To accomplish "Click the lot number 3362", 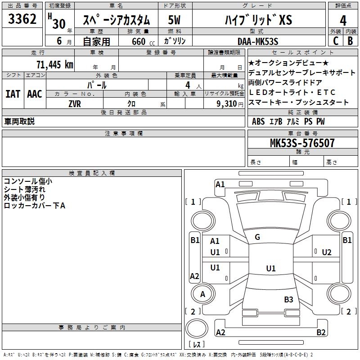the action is point(22,19).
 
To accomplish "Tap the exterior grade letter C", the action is point(335,40).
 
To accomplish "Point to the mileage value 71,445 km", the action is point(54,64).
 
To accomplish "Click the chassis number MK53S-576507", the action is point(302,143).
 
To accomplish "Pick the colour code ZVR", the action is point(75,103).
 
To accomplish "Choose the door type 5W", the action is point(174,20).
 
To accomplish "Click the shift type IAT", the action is point(13,94).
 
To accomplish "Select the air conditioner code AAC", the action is point(35,94).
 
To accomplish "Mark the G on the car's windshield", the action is point(257,237).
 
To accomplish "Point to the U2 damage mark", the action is point(327,252).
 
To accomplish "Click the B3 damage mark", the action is point(288,299).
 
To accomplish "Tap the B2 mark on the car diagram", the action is point(321,333).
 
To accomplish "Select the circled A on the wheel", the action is point(202,294).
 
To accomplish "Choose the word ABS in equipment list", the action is point(258,121).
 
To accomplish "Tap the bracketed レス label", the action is point(197,345).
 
